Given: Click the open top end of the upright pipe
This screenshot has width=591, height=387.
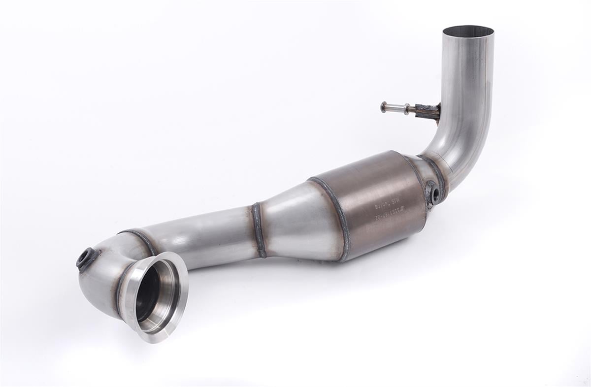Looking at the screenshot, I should [x=468, y=32].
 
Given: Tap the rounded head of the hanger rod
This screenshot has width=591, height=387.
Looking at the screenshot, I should [x=384, y=106].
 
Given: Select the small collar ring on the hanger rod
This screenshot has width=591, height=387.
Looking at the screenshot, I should [x=406, y=109].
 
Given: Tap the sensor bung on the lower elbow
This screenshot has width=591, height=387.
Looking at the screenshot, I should [x=87, y=258].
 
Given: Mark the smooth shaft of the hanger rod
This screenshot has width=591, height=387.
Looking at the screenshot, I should [x=395, y=107].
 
